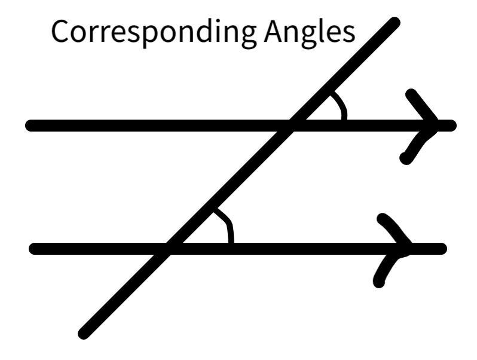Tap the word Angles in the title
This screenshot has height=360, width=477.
[309, 33]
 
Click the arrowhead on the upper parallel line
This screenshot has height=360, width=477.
[426, 124]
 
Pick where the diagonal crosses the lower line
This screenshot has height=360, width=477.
[169, 248]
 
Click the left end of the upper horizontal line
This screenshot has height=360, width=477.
[30, 126]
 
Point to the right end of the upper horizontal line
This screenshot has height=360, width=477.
[451, 126]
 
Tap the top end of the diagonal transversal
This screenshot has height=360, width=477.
[394, 23]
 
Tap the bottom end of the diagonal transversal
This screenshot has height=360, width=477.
[84, 334]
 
